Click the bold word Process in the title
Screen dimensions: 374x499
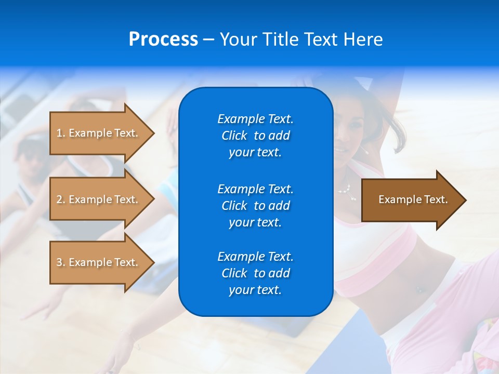(163, 39)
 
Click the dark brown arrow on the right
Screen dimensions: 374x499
(413, 200)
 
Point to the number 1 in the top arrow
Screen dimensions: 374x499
(59, 133)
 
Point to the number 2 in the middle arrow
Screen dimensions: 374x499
(59, 199)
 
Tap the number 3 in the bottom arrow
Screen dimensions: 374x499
(59, 262)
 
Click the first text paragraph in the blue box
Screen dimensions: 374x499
(255, 136)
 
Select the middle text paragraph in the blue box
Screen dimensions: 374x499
(255, 206)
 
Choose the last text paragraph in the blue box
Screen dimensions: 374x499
(255, 273)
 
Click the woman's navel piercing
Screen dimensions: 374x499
(418, 289)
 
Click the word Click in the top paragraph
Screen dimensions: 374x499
(234, 136)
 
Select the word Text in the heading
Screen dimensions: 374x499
(321, 39)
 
